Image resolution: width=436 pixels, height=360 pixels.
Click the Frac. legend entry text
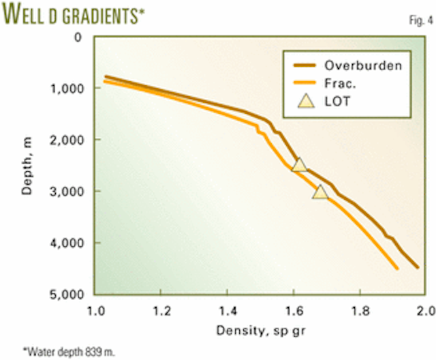tap(341, 85)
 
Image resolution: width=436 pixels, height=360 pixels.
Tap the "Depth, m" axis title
tap(27, 166)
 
